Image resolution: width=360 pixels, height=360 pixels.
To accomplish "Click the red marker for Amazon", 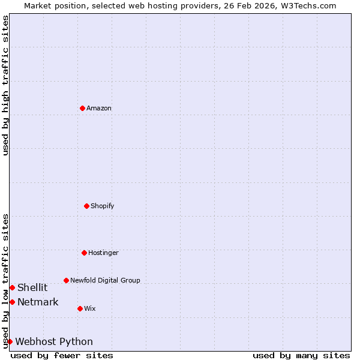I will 82,108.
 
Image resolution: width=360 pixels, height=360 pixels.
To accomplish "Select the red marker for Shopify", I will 86,206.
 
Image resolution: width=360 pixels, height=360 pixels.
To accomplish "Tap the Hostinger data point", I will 84,253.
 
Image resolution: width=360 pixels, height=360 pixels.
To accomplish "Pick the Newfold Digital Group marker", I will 66,280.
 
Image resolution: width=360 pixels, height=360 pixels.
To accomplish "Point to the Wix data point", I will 80,308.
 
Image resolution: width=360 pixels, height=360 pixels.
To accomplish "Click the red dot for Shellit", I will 12,287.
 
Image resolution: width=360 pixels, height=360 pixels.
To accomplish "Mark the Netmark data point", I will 12,302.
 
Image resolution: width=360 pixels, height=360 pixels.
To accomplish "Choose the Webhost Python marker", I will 10,341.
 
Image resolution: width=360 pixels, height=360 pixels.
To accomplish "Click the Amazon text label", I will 99,108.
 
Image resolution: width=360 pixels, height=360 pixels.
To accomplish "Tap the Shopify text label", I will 103,206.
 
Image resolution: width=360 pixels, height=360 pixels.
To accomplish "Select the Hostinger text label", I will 103,253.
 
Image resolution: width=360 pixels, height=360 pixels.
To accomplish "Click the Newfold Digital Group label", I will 105,280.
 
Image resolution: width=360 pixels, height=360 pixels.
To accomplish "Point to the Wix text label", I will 90,308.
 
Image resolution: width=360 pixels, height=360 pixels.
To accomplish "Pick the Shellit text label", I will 32,287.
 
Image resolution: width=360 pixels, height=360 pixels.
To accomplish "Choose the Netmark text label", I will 38,302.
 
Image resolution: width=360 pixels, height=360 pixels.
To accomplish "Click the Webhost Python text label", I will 54,341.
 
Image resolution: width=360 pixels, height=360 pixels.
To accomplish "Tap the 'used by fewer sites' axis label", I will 62,355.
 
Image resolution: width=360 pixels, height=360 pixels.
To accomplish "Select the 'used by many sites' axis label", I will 301,355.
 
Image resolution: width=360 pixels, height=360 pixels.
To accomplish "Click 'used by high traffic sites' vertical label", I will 6,85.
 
